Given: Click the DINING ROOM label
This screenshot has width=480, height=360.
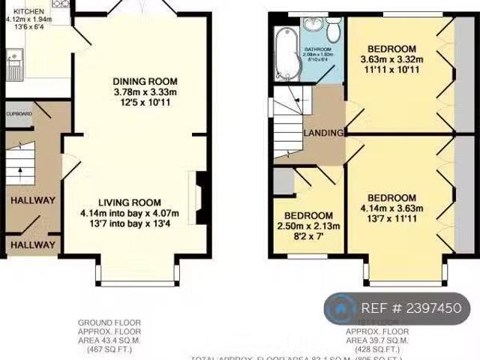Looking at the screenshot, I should [145, 82].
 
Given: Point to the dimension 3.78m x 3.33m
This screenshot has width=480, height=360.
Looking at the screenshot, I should [145, 93].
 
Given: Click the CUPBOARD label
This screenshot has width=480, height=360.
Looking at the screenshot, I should [19, 114].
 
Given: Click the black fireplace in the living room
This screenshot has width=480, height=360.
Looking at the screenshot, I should [200, 194].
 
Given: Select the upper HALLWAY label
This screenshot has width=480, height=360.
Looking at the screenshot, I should [32, 200].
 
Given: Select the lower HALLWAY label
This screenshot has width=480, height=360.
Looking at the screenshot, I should [32, 244].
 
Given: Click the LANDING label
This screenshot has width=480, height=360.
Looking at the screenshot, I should [323, 133].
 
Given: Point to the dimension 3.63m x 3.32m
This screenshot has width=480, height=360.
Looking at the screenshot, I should [391, 60].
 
